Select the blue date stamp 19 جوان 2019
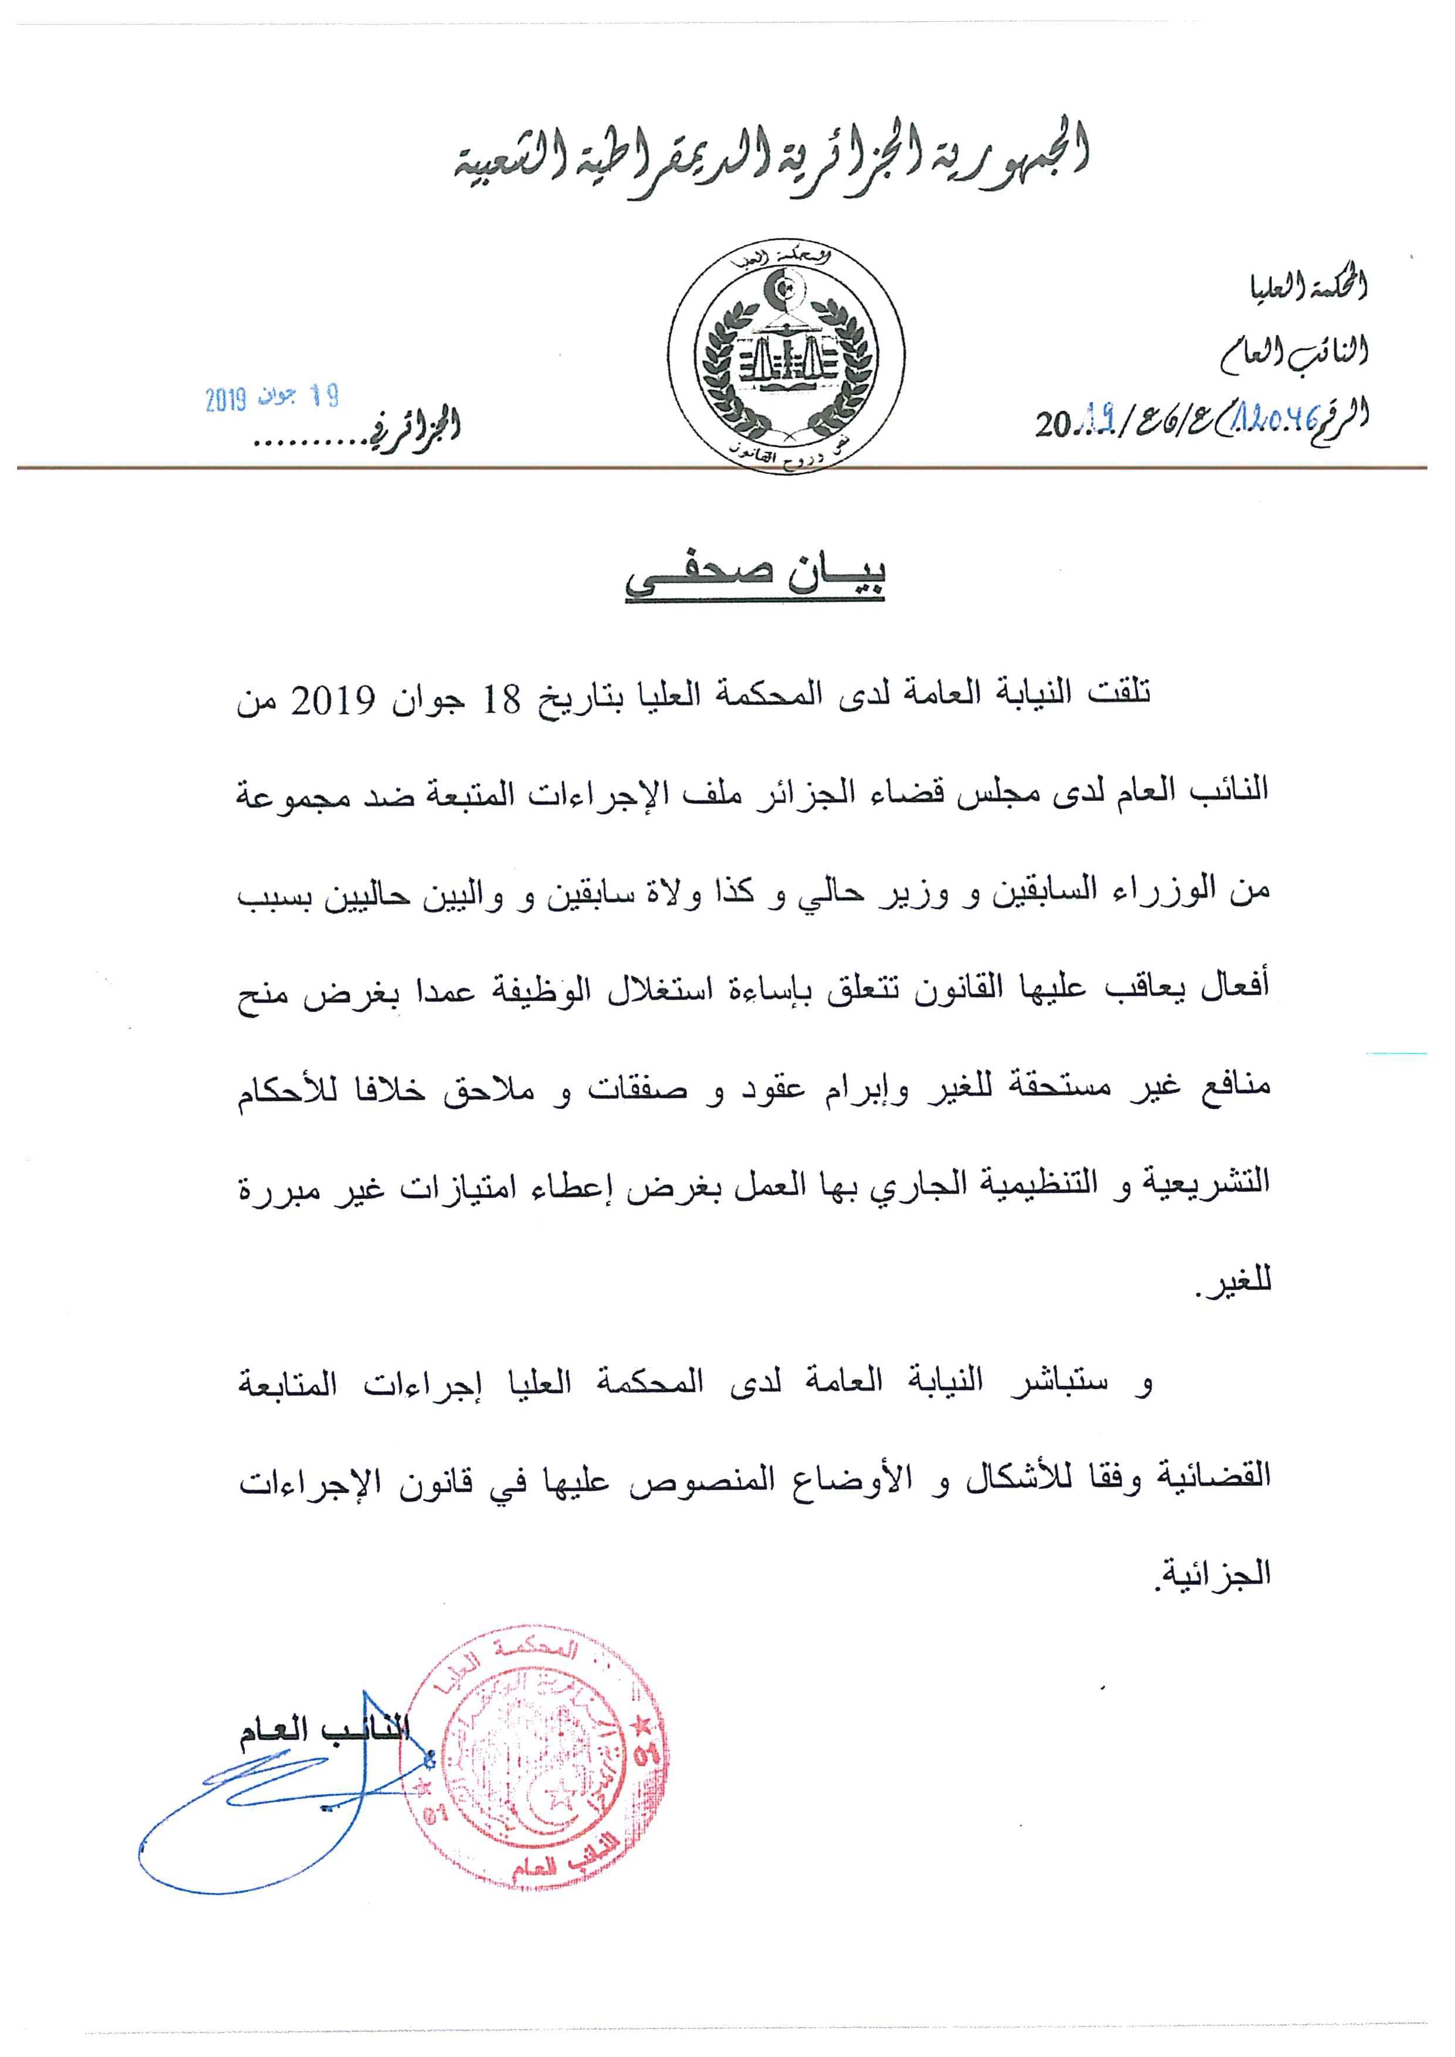click(x=272, y=398)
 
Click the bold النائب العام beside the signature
click(x=323, y=1730)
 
